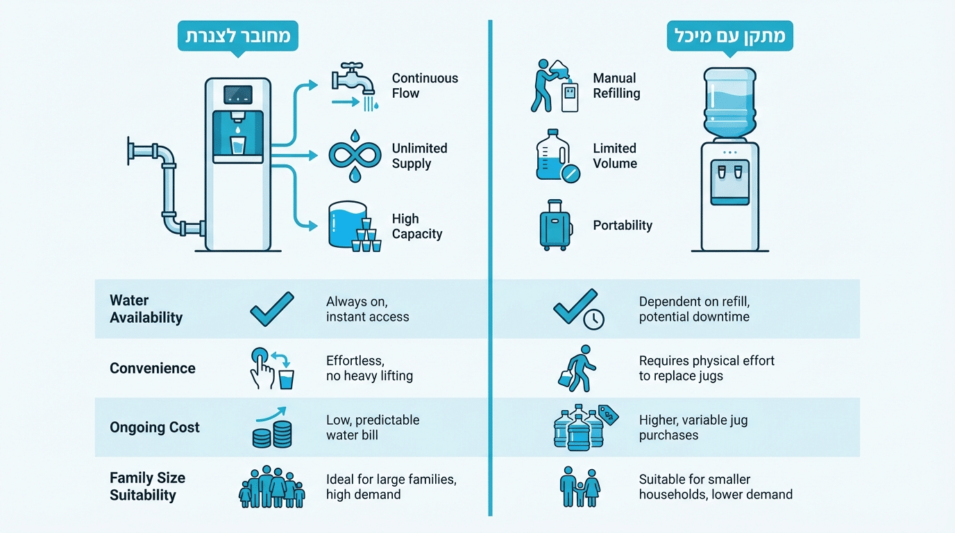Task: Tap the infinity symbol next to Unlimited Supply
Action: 355,155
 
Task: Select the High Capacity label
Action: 416,226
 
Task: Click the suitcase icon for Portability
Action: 555,225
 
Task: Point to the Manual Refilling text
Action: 616,85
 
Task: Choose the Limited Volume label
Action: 615,155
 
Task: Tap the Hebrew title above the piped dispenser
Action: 238,35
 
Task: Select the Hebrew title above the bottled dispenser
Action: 729,35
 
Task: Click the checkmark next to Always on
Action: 272,309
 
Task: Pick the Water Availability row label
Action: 146,309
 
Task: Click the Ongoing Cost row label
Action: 154,428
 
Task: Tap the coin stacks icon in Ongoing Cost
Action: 271,436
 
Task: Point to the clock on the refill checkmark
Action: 594,319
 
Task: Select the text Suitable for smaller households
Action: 715,487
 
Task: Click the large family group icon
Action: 272,487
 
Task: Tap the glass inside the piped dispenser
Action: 237,146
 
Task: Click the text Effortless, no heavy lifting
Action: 369,369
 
